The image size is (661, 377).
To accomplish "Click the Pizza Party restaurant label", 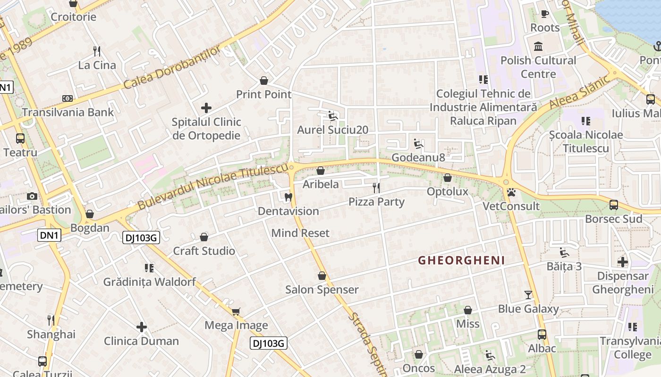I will click(376, 202).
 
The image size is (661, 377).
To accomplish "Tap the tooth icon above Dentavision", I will click(288, 197).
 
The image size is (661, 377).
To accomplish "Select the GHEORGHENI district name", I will click(461, 260).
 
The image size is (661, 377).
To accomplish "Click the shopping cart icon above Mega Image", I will click(236, 311).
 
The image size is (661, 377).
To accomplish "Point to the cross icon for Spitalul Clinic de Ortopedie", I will click(206, 108).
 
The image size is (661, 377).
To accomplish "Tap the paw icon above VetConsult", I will click(511, 192).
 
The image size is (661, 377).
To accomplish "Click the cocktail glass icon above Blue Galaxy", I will click(528, 295).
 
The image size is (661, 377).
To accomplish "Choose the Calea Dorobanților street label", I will click(172, 67).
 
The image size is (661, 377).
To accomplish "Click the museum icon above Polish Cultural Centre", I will click(538, 46).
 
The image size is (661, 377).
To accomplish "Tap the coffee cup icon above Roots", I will click(544, 14).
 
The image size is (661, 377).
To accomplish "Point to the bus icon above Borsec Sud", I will click(613, 205).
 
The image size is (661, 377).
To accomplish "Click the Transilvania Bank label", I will click(68, 112).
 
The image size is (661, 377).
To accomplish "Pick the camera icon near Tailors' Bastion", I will click(32, 196).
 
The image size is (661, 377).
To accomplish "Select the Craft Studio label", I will click(204, 251).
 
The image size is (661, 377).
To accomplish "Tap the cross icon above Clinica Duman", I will click(141, 327).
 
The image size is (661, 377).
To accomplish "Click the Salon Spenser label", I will click(322, 289).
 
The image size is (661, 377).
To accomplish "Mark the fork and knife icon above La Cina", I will click(97, 51).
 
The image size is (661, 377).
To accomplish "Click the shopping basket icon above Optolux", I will click(447, 178).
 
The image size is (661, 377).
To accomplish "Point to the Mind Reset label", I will click(300, 233).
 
